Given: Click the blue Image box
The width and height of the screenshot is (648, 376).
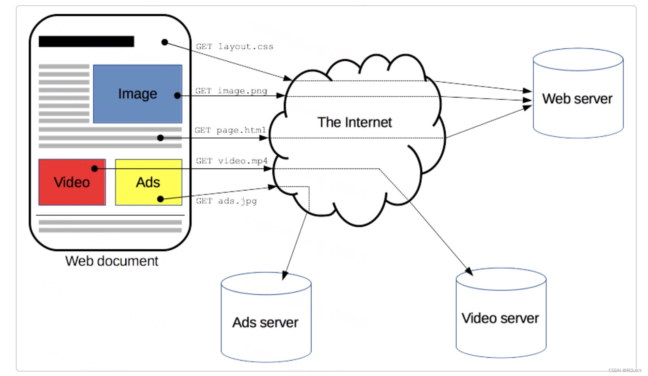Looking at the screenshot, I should point(137,94).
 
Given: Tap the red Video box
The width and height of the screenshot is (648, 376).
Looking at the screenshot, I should point(72,182).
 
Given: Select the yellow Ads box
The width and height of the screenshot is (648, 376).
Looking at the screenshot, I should point(148,182).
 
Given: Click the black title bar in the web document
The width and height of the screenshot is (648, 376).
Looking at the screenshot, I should point(86,41).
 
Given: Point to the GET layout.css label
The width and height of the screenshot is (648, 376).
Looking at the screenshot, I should point(234,47).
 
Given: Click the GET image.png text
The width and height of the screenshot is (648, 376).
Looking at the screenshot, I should point(231,91).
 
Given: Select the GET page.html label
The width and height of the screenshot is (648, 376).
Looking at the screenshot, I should point(230,130).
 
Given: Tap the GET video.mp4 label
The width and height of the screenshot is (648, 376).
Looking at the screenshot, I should point(232,161).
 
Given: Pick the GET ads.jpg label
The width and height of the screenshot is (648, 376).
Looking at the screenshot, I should point(226,201).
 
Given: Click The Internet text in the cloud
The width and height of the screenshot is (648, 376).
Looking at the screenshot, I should point(354,122).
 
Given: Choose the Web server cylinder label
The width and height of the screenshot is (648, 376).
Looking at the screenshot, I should point(577,99).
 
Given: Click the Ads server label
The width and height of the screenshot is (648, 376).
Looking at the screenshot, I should point(265,322).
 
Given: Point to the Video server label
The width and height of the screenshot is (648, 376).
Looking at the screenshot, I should point(500,318).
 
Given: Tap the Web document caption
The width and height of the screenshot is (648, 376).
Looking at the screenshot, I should point(112,261).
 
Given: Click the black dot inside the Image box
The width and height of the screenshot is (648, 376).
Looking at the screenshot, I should point(177,95).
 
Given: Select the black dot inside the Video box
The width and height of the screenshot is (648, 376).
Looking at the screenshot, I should point(94,169).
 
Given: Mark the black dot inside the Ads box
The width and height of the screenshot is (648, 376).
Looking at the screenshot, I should point(160,199).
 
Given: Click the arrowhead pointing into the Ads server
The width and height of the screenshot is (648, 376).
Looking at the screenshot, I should point(284,275).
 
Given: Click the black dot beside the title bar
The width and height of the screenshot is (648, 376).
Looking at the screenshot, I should point(165,42).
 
